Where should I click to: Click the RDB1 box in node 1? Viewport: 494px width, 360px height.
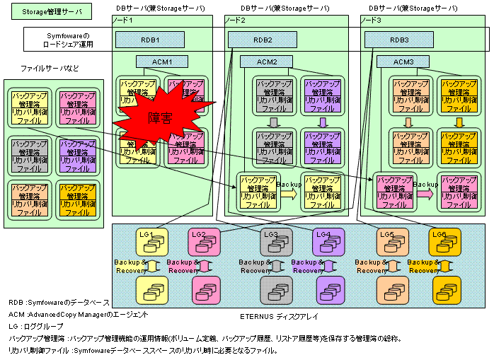[150, 40]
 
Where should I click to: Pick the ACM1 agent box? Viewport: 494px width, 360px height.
[161, 62]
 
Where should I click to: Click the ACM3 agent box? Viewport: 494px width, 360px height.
[404, 62]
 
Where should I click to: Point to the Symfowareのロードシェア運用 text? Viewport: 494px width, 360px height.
[68, 40]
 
